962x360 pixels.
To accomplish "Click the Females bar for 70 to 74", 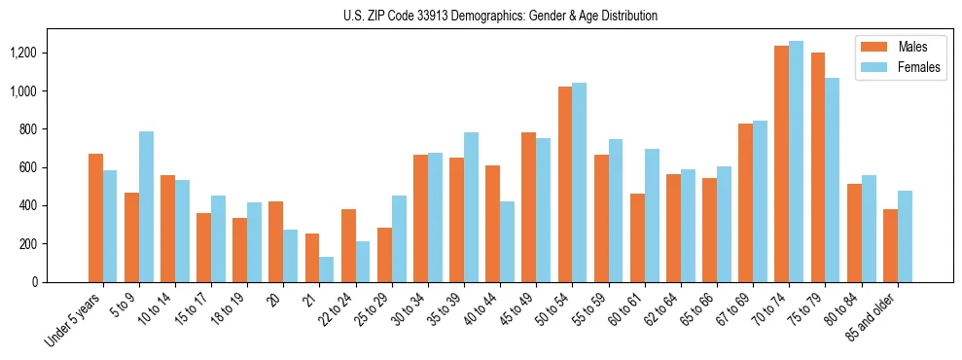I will [796, 162].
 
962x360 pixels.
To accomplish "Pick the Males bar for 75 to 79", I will [818, 167].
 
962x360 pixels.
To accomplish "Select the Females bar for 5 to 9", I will [146, 206].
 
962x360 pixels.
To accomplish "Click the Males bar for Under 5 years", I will [95, 218].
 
